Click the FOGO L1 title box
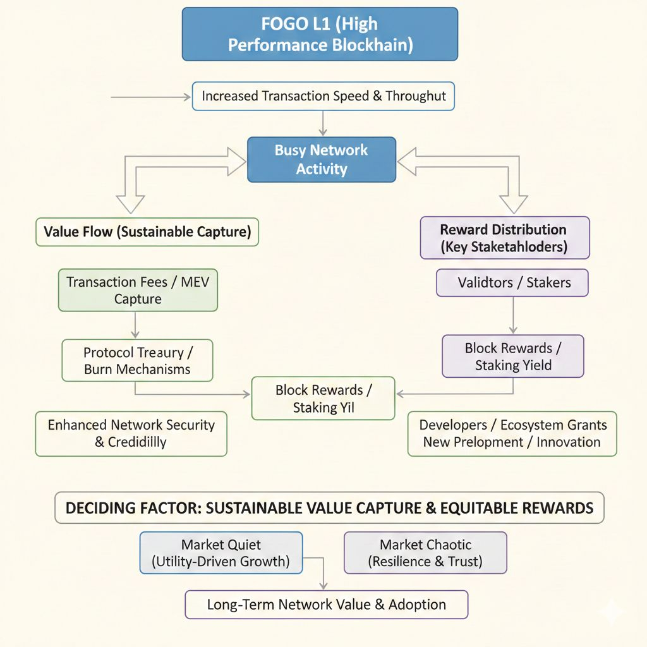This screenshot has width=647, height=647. point(320,35)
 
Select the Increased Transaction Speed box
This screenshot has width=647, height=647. point(323,97)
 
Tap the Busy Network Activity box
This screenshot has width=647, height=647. point(321,160)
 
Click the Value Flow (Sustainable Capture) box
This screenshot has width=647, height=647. point(147,232)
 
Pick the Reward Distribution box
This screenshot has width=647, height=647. point(504,238)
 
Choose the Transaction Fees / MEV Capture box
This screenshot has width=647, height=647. point(138,291)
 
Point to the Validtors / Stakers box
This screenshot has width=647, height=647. point(512,282)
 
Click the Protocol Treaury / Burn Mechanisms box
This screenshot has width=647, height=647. point(137,361)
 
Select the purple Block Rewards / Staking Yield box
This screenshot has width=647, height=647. point(512,356)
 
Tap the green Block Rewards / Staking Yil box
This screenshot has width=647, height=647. point(323,399)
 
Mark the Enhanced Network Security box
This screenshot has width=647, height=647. point(131,433)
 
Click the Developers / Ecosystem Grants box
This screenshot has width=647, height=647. point(512,433)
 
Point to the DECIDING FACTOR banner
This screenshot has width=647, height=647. point(329,508)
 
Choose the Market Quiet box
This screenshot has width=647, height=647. point(221,553)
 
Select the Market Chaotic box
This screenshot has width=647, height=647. point(425,553)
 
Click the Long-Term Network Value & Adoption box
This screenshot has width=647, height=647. point(326,605)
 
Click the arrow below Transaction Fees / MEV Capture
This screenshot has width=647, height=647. point(135,325)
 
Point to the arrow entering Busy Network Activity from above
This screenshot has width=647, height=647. point(323,123)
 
